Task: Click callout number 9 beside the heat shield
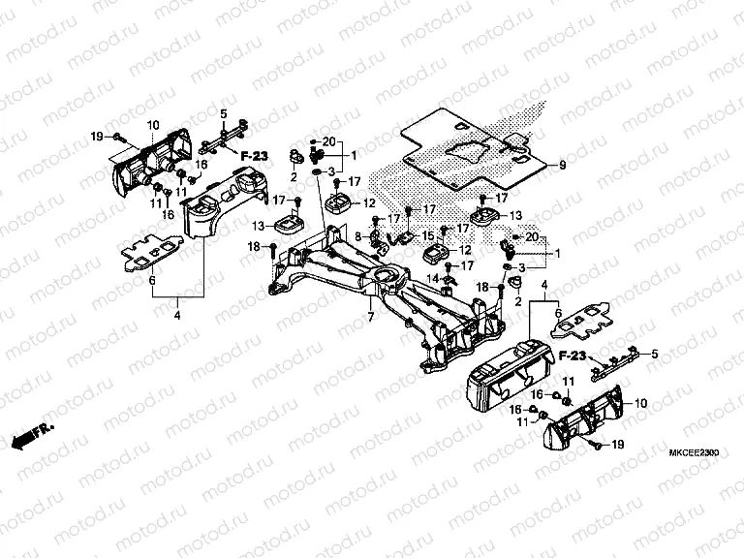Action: pos(561,167)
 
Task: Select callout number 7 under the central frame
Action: pos(368,317)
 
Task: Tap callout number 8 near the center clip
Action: pos(356,235)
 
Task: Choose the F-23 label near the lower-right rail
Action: pos(572,356)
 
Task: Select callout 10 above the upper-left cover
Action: pos(153,126)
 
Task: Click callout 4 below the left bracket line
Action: pos(177,314)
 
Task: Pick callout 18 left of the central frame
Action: pos(255,247)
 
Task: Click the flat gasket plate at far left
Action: pos(150,255)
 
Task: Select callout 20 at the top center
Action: pos(328,141)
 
